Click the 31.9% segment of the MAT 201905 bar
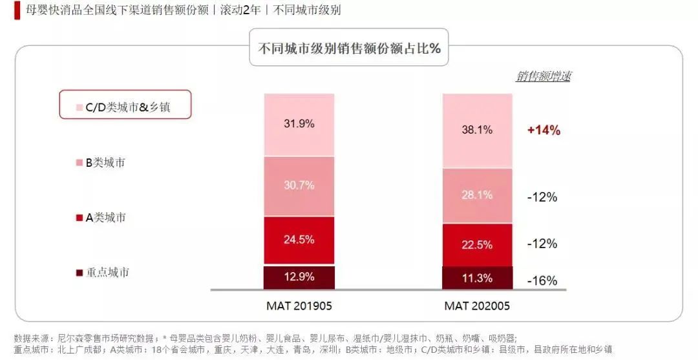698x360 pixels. (299, 125)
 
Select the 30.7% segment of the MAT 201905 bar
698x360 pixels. (299, 186)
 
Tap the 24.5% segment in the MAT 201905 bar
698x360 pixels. (299, 240)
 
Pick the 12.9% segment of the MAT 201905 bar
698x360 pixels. (299, 277)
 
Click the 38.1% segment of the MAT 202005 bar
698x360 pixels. (477, 131)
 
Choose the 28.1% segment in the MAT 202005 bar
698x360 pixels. (477, 196)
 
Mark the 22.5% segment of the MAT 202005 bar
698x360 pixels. (477, 245)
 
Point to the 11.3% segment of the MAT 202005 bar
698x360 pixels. (477, 279)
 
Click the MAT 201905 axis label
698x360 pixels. (299, 305)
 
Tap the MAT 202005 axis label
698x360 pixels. (477, 305)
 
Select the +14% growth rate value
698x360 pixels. (543, 130)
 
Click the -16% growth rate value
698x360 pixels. (542, 281)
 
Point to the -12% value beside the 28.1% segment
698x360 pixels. (542, 197)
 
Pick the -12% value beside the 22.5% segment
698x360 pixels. (542, 244)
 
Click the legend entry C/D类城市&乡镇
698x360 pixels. (125, 107)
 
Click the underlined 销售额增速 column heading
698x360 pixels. (543, 76)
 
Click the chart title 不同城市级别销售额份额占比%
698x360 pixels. (349, 48)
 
